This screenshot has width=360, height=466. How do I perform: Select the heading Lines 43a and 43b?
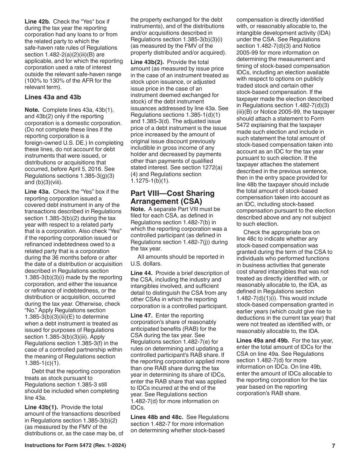click(x=53, y=97)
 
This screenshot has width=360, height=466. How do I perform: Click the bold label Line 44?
click(x=142, y=273)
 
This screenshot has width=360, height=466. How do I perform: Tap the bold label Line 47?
click(x=142, y=315)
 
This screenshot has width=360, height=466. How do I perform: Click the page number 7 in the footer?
click(x=333, y=446)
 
